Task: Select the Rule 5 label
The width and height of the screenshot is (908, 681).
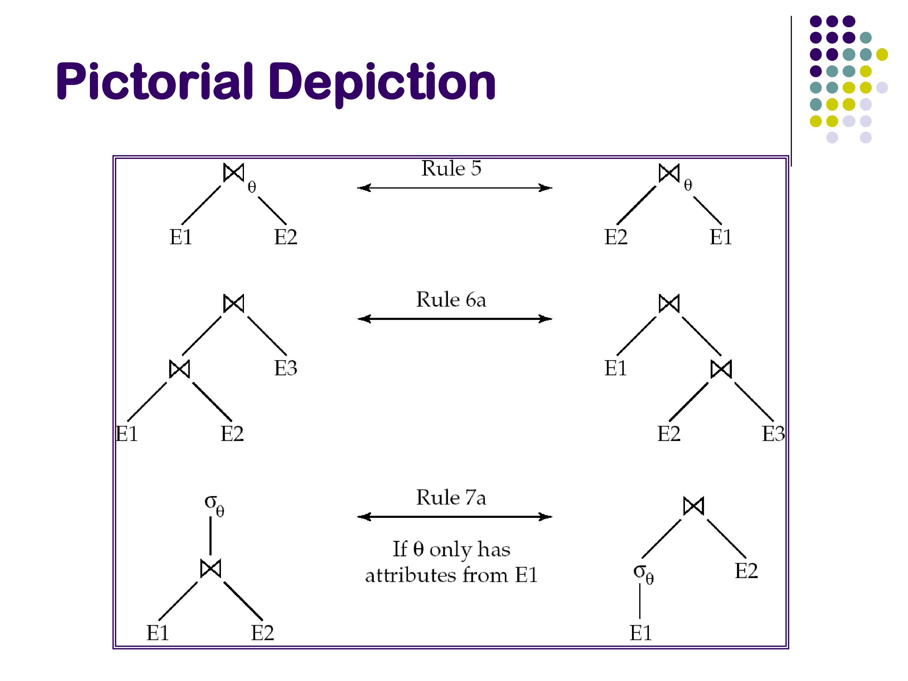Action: (x=451, y=168)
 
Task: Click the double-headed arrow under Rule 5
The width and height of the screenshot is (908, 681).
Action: (x=454, y=188)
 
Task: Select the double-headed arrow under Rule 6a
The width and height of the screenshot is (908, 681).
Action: (x=454, y=319)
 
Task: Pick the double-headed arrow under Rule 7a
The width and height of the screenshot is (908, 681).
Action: (x=454, y=517)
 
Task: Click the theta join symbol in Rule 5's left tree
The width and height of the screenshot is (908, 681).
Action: (x=234, y=173)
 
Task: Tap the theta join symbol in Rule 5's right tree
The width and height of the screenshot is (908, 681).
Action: (x=669, y=173)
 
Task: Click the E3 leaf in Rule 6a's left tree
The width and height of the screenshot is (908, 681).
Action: (x=286, y=368)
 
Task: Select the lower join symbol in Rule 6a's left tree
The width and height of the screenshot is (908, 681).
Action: (x=180, y=369)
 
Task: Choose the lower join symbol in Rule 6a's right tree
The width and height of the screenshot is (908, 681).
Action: (x=721, y=369)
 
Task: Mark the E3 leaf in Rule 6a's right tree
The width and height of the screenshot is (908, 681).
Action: (x=773, y=433)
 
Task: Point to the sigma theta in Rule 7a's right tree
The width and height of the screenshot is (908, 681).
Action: (x=643, y=573)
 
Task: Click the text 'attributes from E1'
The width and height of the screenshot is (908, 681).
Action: (x=451, y=575)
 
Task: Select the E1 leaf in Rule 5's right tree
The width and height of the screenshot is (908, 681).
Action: (x=721, y=237)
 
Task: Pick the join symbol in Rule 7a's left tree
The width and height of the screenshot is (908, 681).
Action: (x=211, y=568)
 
